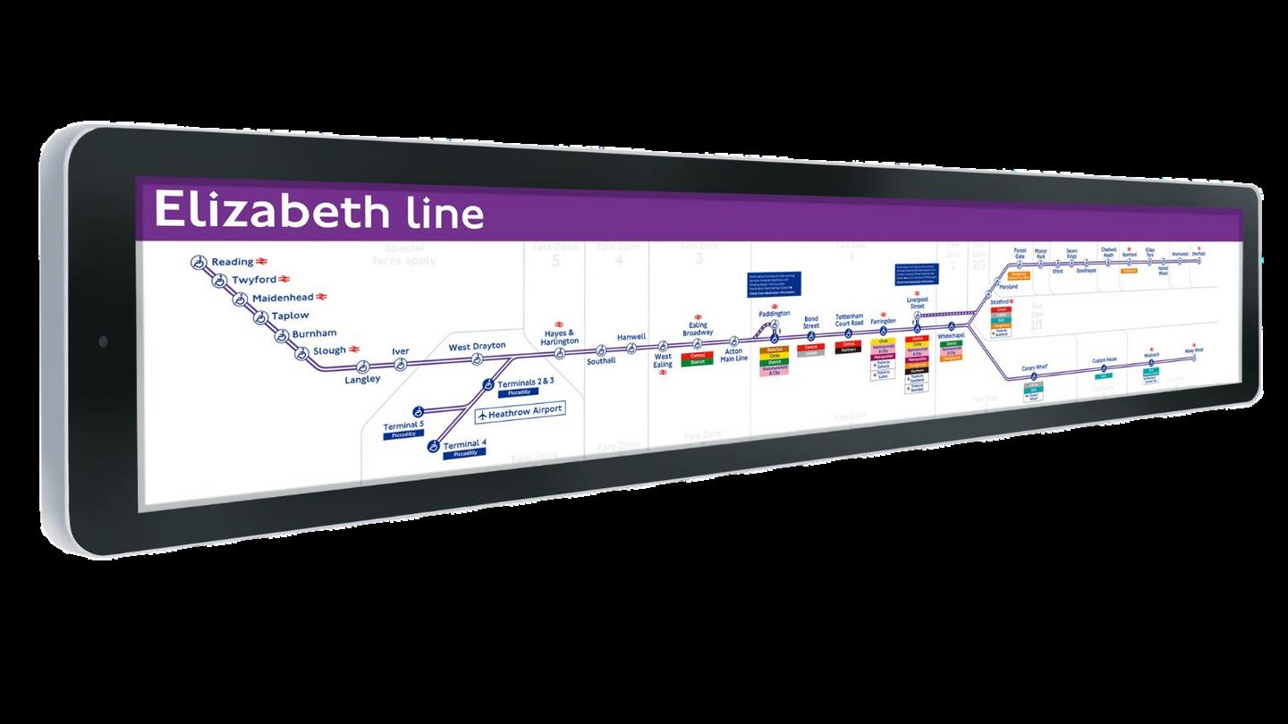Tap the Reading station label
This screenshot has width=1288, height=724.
tap(232, 262)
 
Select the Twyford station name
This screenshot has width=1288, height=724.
tap(253, 280)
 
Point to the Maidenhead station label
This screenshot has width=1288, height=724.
tap(282, 298)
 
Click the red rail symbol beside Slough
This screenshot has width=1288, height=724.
tap(355, 349)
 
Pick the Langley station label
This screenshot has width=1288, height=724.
tap(362, 379)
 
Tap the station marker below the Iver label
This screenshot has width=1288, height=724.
tap(401, 364)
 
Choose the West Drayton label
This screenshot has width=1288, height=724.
tap(477, 346)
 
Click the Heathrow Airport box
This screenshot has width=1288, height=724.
tap(520, 411)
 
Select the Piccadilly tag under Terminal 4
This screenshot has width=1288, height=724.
tap(465, 454)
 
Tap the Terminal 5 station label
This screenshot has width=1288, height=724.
tap(403, 425)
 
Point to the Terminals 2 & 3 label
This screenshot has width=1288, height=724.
tap(526, 382)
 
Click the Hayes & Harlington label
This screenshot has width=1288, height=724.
tap(561, 337)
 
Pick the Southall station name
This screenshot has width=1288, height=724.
tap(601, 361)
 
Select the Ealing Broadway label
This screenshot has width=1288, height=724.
tap(699, 329)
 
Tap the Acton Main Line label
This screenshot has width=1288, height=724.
tap(733, 355)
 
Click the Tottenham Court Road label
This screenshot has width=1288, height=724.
tap(849, 319)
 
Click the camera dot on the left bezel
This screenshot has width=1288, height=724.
tap(103, 341)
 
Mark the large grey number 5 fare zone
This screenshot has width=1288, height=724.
tap(555, 261)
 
